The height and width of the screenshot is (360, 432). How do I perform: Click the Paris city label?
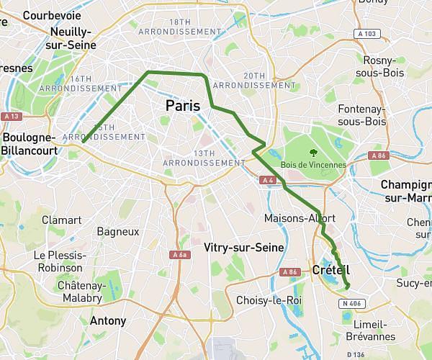point(182,106)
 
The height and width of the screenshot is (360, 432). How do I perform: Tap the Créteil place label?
point(332,270)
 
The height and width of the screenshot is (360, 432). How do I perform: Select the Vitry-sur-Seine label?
point(243,248)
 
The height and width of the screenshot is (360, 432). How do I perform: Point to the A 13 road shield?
point(11,116)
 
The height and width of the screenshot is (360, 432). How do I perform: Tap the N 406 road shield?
point(350,304)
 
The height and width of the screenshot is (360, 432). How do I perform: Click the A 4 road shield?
point(268,180)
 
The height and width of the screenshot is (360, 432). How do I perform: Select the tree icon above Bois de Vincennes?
point(313,152)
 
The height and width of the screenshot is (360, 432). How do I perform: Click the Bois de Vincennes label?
point(313,165)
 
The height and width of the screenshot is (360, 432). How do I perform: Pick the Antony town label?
point(109,321)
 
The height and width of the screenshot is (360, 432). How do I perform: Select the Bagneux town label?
point(117,232)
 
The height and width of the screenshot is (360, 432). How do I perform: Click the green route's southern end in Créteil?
point(347,287)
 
